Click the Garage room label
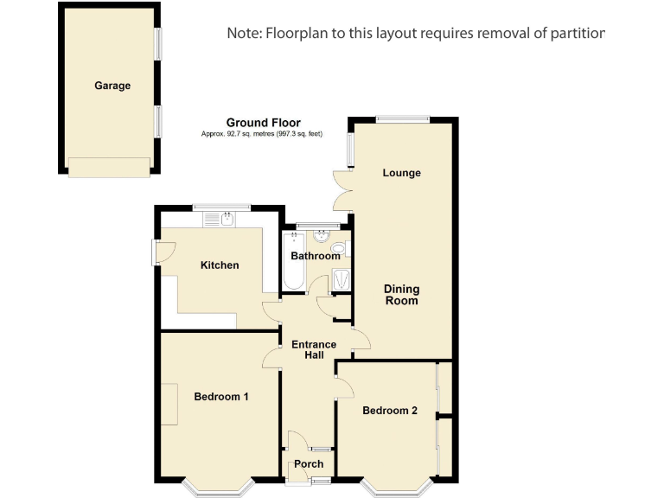(112, 86)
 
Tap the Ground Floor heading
(263, 123)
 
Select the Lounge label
(402, 173)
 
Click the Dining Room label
(402, 295)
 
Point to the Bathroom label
(315, 256)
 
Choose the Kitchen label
(220, 265)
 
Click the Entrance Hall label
(314, 350)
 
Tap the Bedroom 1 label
(221, 397)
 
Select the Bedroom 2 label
(390, 411)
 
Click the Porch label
(309, 464)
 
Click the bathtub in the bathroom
(292, 264)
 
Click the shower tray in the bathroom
(342, 278)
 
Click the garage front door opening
(109, 167)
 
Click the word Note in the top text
(245, 33)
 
